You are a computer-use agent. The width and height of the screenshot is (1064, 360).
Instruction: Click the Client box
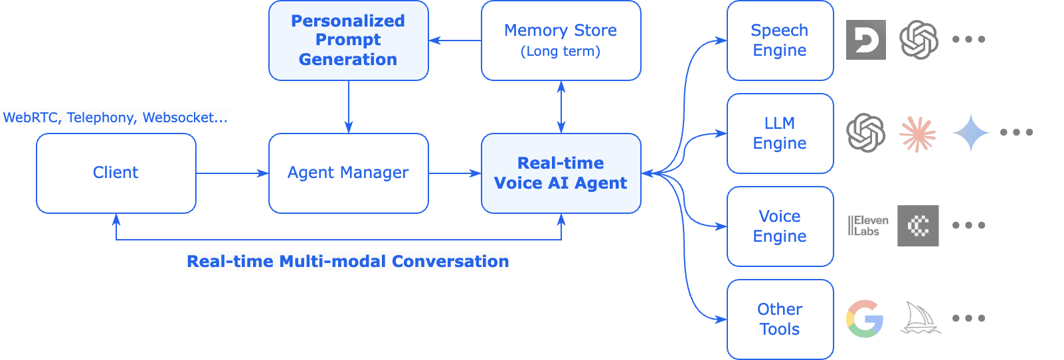pyautogui.click(x=116, y=173)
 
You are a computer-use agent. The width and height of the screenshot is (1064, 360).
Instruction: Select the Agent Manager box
pyautogui.click(x=348, y=173)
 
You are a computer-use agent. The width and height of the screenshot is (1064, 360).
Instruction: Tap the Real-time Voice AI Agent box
pyautogui.click(x=561, y=173)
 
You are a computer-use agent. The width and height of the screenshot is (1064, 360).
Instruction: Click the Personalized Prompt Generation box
pyautogui.click(x=348, y=41)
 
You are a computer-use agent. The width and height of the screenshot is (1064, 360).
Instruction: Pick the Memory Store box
pyautogui.click(x=561, y=41)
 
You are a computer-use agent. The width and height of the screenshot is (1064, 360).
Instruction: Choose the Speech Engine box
pyautogui.click(x=780, y=41)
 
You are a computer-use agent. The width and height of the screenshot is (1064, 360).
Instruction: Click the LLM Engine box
pyautogui.click(x=780, y=134)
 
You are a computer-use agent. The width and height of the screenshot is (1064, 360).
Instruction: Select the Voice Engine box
pyautogui.click(x=780, y=226)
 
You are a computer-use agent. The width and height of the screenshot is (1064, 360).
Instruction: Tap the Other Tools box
pyautogui.click(x=780, y=319)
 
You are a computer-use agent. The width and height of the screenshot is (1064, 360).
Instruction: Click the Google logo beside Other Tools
pyautogui.click(x=865, y=319)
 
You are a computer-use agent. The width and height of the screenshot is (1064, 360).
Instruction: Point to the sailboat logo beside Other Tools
pyautogui.click(x=920, y=317)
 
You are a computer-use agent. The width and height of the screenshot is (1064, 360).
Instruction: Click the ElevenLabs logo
pyautogui.click(x=868, y=226)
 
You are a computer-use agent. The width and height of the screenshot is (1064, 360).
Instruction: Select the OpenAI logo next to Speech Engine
pyautogui.click(x=919, y=40)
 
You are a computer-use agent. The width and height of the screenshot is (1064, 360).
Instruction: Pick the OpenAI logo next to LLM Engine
pyautogui.click(x=865, y=133)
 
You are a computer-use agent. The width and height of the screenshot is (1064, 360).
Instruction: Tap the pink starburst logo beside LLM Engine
pyautogui.click(x=918, y=134)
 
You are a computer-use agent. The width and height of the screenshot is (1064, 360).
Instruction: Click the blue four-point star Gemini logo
pyautogui.click(x=970, y=133)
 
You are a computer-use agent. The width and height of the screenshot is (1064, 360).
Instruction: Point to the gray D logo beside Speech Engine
pyautogui.click(x=865, y=40)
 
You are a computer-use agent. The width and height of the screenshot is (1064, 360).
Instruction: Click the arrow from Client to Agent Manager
pyautogui.click(x=232, y=173)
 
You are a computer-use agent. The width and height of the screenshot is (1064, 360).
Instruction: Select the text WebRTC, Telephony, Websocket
pyautogui.click(x=115, y=118)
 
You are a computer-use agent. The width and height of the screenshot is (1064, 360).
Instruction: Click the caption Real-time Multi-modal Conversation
pyautogui.click(x=347, y=261)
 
